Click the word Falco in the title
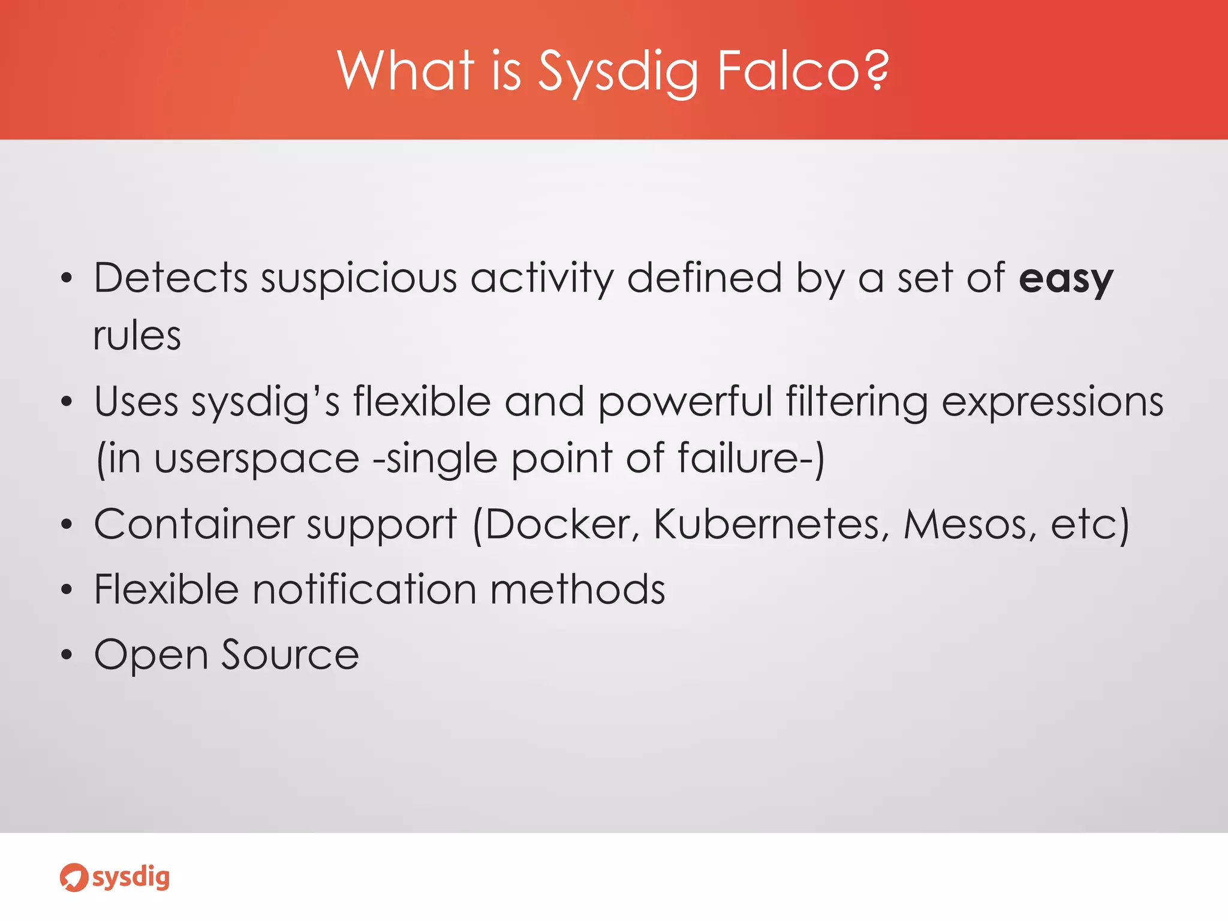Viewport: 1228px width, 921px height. [789, 71]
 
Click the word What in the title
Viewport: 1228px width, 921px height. [407, 71]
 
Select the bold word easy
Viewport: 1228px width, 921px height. [1066, 279]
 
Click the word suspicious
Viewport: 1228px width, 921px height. [359, 279]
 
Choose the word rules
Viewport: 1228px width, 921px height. [137, 336]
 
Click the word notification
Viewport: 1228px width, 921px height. [365, 589]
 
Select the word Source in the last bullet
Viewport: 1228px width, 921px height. [290, 655]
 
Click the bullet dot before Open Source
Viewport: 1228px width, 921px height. [67, 655]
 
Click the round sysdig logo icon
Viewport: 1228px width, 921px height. [74, 878]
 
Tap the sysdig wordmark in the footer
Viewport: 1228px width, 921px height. [131, 878]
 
